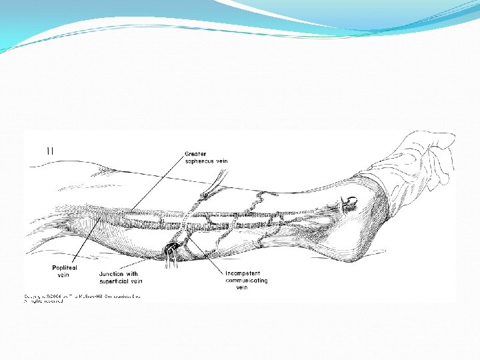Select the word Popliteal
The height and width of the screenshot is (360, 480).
(x=65, y=267)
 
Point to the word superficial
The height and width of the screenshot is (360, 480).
(x=114, y=281)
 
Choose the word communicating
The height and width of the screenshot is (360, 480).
(x=247, y=281)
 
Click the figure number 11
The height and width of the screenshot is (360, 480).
(x=50, y=151)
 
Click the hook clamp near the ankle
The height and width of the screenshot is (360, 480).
(x=347, y=202)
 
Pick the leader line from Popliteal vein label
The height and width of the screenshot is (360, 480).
(x=73, y=247)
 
